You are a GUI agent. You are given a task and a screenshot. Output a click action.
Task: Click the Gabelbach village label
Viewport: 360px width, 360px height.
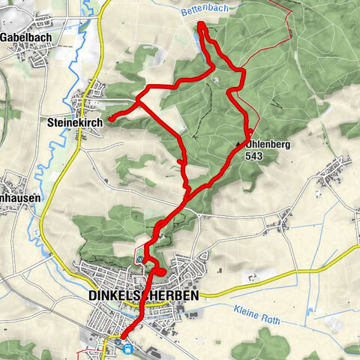tap(24, 35)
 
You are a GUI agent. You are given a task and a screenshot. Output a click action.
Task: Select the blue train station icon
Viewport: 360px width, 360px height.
tap(128, 346)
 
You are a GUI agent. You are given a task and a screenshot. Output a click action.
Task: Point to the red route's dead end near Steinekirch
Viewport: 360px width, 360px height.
tap(109, 118)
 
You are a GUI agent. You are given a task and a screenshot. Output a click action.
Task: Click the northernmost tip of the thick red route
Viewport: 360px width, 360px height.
tap(200, 25)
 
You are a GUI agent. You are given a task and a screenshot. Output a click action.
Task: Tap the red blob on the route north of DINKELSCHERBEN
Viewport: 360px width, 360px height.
tap(160, 271)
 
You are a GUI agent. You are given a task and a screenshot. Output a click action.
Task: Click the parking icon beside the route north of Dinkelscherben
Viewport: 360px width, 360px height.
tap(140, 259)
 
